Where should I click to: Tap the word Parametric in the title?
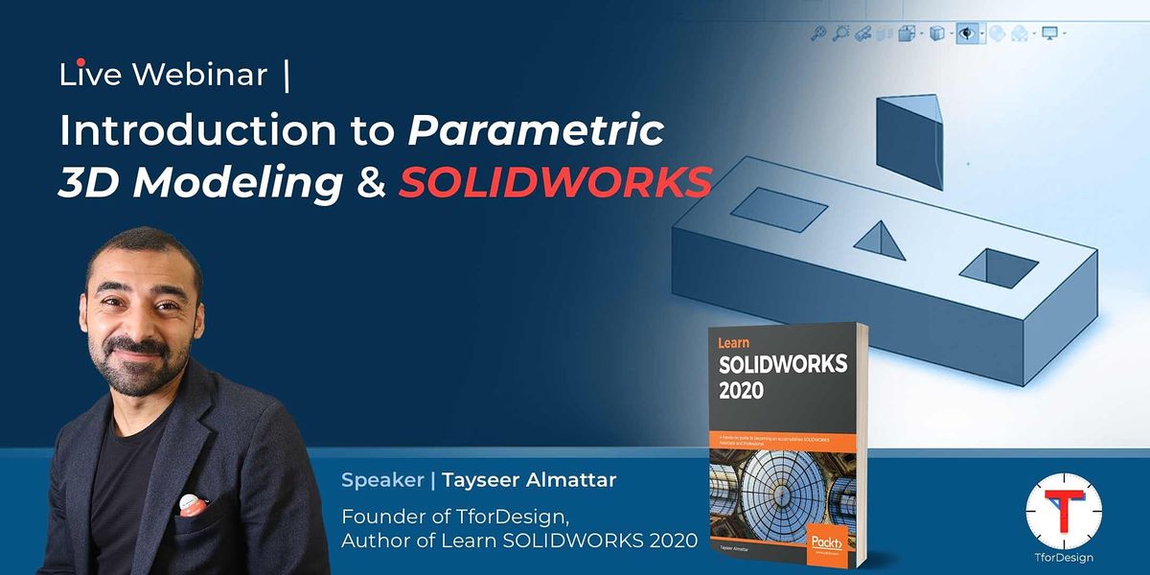[536, 131]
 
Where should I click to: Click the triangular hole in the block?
[884, 241]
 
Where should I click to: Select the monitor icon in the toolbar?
[1048, 34]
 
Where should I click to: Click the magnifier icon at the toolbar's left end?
[817, 34]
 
